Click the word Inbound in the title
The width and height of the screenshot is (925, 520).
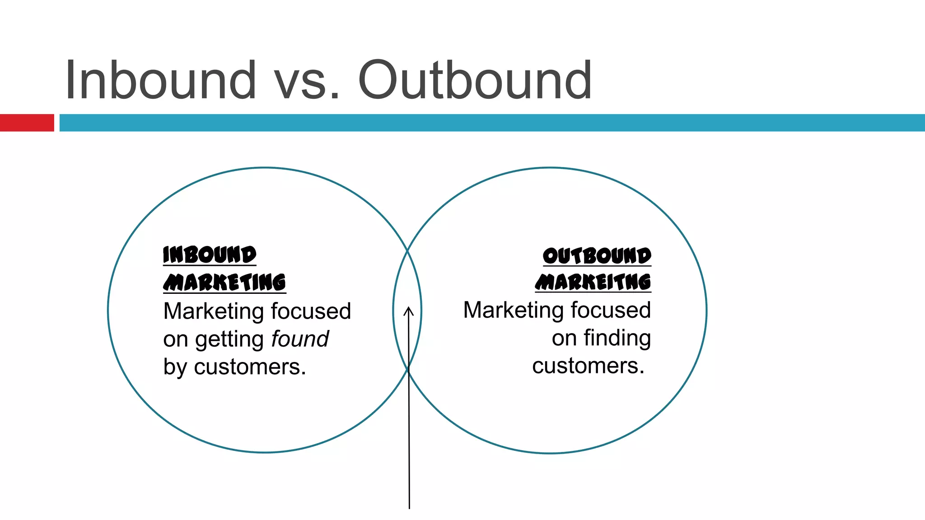(161, 80)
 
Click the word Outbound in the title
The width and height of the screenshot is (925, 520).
(475, 80)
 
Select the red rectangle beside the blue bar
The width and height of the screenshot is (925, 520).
(27, 123)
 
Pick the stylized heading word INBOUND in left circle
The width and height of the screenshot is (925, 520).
(210, 255)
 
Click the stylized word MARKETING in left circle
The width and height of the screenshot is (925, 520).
(224, 283)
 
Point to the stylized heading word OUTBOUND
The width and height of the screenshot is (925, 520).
(597, 256)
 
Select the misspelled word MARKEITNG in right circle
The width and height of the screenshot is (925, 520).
(593, 282)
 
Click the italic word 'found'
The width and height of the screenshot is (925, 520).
(300, 339)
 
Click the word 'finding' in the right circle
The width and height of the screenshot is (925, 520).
(617, 338)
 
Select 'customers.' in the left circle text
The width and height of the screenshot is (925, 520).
(250, 367)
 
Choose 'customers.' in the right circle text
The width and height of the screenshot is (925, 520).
(588, 366)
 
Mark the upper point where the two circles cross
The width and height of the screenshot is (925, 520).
(407, 250)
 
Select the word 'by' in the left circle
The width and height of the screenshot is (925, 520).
(175, 367)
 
